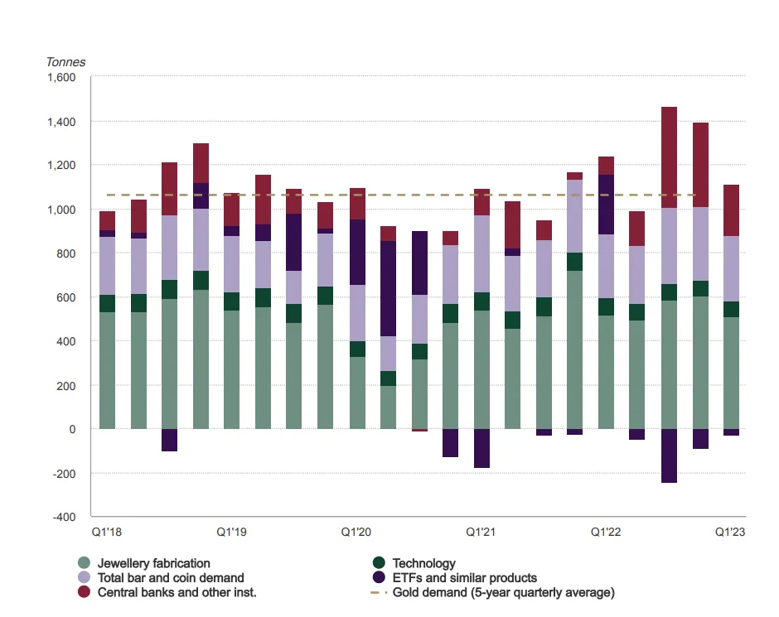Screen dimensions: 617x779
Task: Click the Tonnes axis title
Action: pyautogui.click(x=65, y=62)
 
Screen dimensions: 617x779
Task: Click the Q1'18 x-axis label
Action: pyautogui.click(x=108, y=532)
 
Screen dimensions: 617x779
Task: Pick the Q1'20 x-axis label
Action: pyautogui.click(x=357, y=532)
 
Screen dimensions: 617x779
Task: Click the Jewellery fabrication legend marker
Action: pyautogui.click(x=84, y=563)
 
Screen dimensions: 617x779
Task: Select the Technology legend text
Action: pyautogui.click(x=423, y=563)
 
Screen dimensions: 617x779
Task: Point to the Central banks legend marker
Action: pyautogui.click(x=84, y=593)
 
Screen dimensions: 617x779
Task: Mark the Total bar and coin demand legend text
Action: pyautogui.click(x=171, y=578)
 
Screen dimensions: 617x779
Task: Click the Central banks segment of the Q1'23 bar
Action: pyautogui.click(x=731, y=210)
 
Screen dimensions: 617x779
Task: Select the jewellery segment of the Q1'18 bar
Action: pyautogui.click(x=108, y=370)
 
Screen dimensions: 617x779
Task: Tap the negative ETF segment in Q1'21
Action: pyautogui.click(x=482, y=448)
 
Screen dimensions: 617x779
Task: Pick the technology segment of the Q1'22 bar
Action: pyautogui.click(x=607, y=306)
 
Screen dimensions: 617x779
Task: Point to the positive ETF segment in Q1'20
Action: pyautogui.click(x=358, y=252)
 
